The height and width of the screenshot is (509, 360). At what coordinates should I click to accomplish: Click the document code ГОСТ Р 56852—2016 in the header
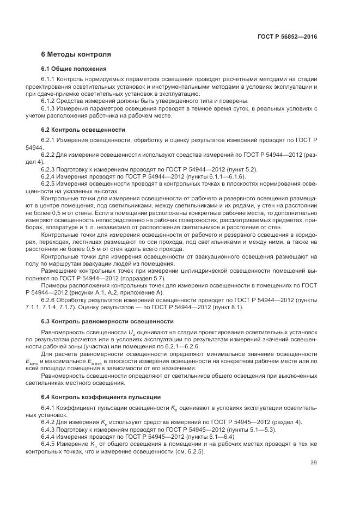(x=287, y=37)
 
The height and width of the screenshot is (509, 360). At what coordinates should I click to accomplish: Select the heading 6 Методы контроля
(x=76, y=55)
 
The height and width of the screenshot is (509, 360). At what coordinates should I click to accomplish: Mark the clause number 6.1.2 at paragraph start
(x=50, y=101)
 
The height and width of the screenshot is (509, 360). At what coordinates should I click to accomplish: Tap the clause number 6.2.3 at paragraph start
(x=50, y=169)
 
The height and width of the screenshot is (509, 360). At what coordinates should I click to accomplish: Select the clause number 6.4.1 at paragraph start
(x=50, y=408)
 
